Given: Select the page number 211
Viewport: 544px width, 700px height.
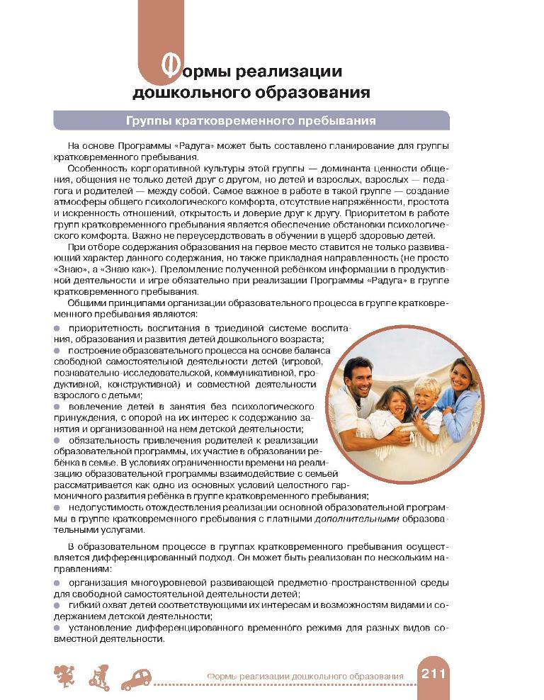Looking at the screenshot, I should coord(433,674).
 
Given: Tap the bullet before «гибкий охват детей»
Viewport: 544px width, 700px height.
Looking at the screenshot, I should coord(57,606).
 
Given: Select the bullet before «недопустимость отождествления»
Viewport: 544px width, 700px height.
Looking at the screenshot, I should coord(57,509).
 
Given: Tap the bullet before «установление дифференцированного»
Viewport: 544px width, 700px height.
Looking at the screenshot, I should coord(57,628).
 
